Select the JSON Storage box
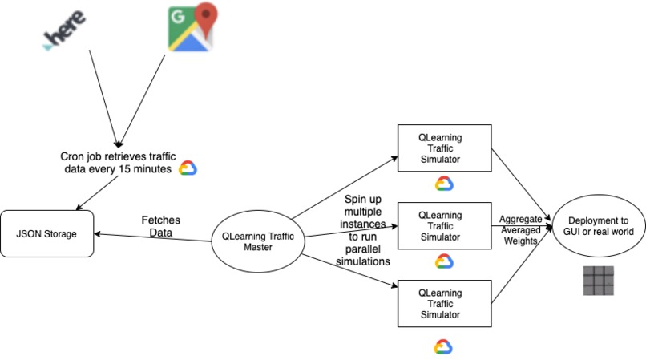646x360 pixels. click(x=47, y=234)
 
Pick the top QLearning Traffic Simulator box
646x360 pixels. click(x=445, y=148)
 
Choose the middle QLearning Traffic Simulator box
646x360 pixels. click(x=445, y=225)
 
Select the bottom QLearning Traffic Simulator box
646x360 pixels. click(x=445, y=302)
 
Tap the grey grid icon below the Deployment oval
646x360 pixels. click(x=598, y=281)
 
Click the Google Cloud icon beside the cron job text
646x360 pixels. click(x=188, y=168)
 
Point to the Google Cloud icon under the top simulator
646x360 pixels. click(x=444, y=184)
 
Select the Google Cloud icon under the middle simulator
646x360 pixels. click(x=444, y=261)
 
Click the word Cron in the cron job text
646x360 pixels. click(x=74, y=156)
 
